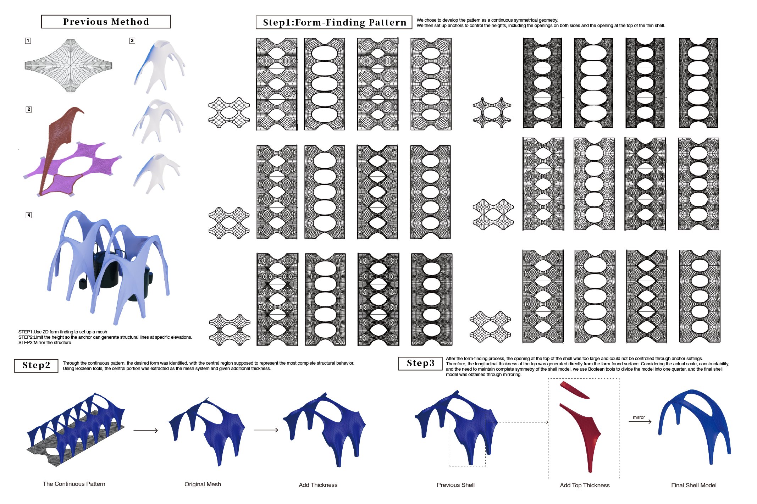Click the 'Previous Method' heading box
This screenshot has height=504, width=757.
(x=106, y=22)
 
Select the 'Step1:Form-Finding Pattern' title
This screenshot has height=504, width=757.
(x=334, y=22)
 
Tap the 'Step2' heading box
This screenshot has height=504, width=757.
(x=36, y=365)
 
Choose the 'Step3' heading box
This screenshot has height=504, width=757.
(x=420, y=363)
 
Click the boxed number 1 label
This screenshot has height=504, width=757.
(x=28, y=41)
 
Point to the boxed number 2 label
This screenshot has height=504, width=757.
(x=29, y=109)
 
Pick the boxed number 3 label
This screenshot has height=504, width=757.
(x=132, y=40)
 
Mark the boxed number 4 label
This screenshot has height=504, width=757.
(x=29, y=215)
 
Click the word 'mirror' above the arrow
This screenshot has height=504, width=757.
(x=639, y=417)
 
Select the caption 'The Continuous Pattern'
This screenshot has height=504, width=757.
(x=74, y=484)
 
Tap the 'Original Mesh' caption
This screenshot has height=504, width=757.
(x=203, y=484)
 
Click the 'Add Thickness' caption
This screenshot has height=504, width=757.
(x=318, y=485)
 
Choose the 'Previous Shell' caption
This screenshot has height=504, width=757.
(x=455, y=485)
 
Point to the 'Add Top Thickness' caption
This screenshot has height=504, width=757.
(x=585, y=485)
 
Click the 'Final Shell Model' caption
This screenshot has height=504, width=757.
(x=694, y=485)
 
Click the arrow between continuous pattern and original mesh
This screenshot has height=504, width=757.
(x=145, y=431)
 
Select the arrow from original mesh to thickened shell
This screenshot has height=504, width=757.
(x=266, y=430)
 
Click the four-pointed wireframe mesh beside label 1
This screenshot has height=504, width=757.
(x=68, y=66)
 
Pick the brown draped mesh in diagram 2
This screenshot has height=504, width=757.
(x=59, y=142)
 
